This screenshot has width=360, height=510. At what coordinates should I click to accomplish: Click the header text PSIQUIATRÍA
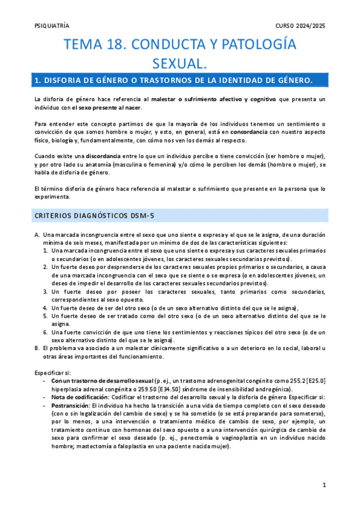[x=52, y=26]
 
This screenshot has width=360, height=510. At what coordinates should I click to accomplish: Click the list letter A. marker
[x=37, y=235]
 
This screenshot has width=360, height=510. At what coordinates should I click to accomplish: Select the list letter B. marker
[x=37, y=348]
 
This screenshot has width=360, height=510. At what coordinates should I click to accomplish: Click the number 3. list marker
[x=46, y=291]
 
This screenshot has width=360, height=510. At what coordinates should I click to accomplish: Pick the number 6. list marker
[x=46, y=332]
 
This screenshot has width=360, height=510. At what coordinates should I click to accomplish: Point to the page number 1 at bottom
[x=323, y=485]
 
